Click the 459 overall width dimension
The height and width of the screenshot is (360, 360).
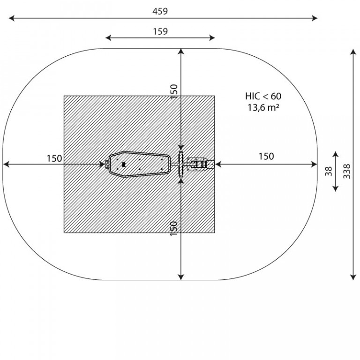[x=160, y=11]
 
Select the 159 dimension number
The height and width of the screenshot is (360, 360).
[x=160, y=31]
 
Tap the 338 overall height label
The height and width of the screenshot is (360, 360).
[x=347, y=171]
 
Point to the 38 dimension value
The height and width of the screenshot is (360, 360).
[x=329, y=171]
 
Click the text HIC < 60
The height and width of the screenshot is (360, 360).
[x=263, y=96]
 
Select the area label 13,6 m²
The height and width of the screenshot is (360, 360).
[x=263, y=107]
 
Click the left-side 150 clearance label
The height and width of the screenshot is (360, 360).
[x=54, y=158]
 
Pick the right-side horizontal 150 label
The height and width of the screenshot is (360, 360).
[x=266, y=157]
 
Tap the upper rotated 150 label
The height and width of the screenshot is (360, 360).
[x=174, y=91]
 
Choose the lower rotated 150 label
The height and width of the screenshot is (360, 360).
[x=174, y=228]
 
